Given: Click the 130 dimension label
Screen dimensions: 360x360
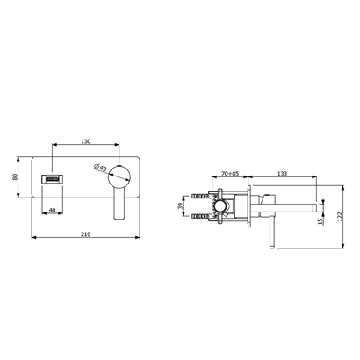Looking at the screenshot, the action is [86, 141].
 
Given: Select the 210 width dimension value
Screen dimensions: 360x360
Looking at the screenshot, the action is [86, 234].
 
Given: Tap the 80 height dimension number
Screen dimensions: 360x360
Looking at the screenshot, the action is [15, 177].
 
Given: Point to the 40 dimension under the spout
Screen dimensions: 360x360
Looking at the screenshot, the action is [53, 210].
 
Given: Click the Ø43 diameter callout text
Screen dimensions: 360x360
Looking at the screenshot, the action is [100, 167].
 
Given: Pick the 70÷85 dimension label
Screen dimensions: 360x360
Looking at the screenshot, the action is [230, 174].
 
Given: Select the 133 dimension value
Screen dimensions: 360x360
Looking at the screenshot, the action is [282, 174].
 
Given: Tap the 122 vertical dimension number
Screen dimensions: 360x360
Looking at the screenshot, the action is [340, 217].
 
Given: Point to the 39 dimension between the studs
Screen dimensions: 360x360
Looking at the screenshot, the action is [180, 206].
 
